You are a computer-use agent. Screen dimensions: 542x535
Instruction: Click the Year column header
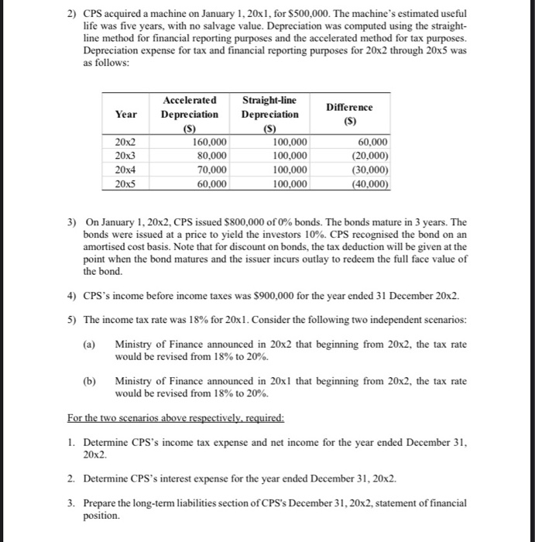pos(126,114)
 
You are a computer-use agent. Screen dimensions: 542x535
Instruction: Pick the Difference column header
pos(348,114)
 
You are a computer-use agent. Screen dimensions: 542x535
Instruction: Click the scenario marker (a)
pos(91,345)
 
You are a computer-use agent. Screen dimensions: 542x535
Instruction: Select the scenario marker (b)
pos(91,382)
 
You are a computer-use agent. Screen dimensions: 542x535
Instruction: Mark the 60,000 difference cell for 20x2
pos(372,142)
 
